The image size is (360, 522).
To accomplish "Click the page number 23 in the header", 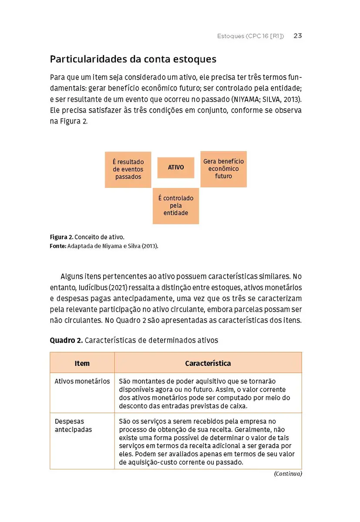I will coord(298,36).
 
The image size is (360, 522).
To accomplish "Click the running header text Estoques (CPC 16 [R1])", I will coord(250,36).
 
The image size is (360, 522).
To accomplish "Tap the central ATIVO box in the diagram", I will coord(176,167).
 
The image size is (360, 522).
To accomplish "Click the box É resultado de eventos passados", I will coord(128,170).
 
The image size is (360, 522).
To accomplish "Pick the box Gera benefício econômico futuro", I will coord(223,169).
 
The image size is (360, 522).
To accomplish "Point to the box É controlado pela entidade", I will coord(176,206).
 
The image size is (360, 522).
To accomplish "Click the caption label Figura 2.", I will coord(61,237).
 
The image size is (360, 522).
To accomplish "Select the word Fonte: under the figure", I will coord(58,246).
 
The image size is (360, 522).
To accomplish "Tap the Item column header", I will coord(82,363).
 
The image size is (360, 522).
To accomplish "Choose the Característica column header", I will coord(208,363).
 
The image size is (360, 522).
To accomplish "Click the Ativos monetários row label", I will coord(82,381).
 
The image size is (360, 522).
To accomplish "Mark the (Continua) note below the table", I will coord(288,474).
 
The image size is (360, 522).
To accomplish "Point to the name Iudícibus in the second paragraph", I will coord(90,288).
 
